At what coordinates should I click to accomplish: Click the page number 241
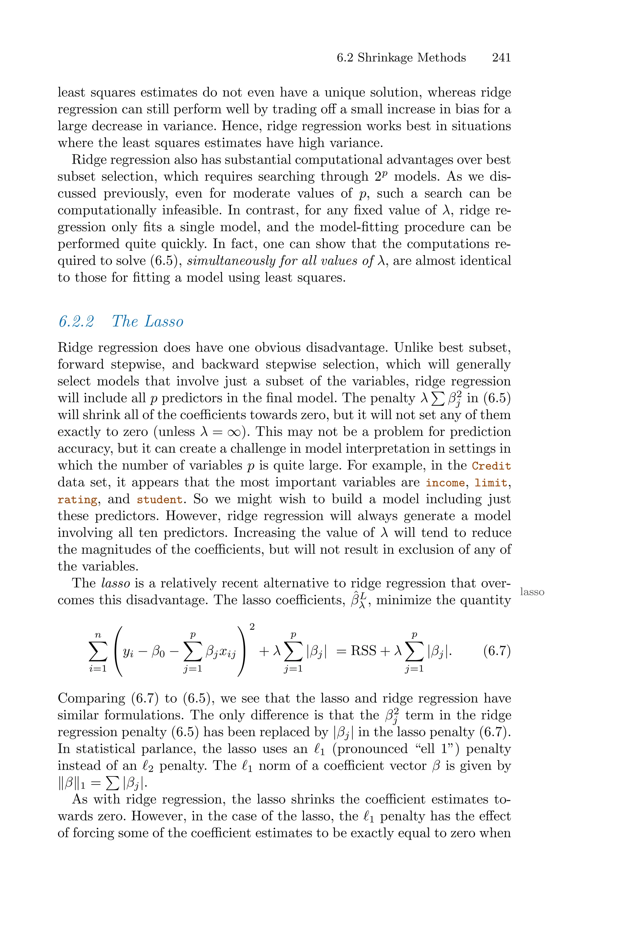[501, 58]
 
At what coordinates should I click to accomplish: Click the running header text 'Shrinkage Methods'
[412, 58]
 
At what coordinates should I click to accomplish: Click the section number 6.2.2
[76, 321]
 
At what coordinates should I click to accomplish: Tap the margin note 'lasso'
[532, 592]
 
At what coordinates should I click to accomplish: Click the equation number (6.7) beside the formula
[497, 650]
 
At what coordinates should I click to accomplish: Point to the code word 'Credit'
[491, 466]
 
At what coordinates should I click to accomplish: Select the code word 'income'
[445, 483]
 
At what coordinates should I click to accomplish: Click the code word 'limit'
[491, 483]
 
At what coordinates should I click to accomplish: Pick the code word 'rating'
[77, 500]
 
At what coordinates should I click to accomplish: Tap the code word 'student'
[160, 500]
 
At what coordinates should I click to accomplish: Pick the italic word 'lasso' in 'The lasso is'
[116, 583]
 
